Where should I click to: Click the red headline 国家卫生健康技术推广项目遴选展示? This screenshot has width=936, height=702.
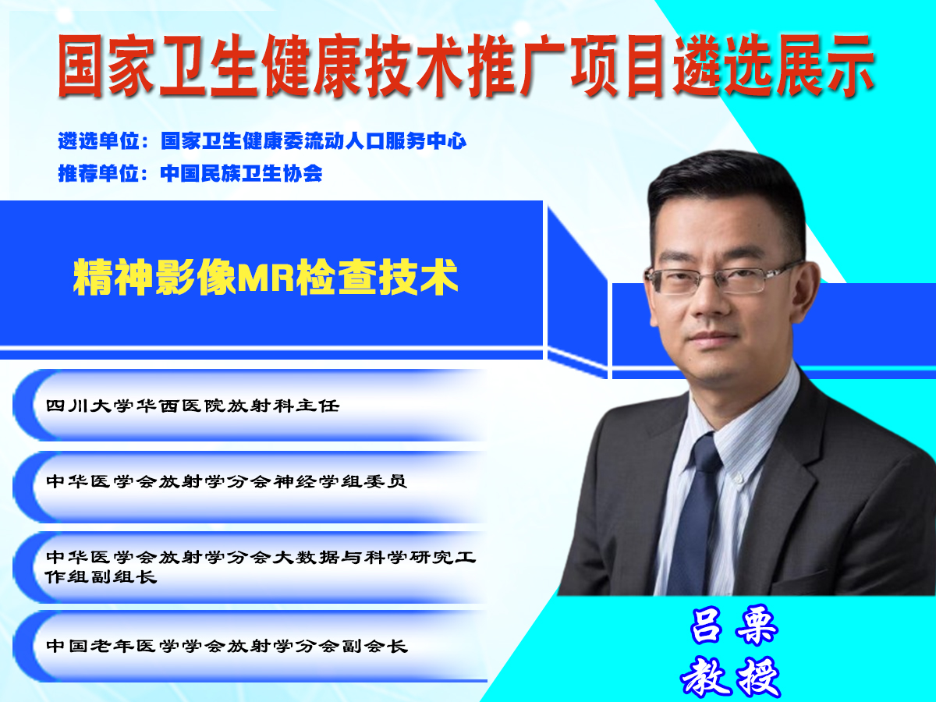click(466, 66)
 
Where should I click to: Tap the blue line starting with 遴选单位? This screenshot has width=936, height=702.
click(262, 140)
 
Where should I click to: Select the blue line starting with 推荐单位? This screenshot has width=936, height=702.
click(190, 173)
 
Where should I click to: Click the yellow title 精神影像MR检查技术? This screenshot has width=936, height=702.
click(266, 277)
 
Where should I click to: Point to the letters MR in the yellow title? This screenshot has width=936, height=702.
click(265, 277)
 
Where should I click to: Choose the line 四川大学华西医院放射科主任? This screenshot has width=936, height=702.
click(193, 406)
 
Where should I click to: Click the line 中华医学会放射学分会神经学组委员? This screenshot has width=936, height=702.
click(226, 481)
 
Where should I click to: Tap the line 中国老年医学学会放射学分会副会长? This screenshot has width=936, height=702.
click(227, 646)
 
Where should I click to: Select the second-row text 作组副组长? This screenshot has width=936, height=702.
click(101, 576)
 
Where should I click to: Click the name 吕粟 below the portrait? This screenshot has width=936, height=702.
click(734, 626)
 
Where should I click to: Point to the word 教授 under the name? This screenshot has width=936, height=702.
click(731, 676)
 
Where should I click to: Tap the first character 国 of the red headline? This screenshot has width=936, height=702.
click(80, 66)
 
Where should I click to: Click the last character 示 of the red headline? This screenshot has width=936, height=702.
click(851, 66)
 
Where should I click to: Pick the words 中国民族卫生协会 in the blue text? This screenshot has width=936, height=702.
click(241, 173)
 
